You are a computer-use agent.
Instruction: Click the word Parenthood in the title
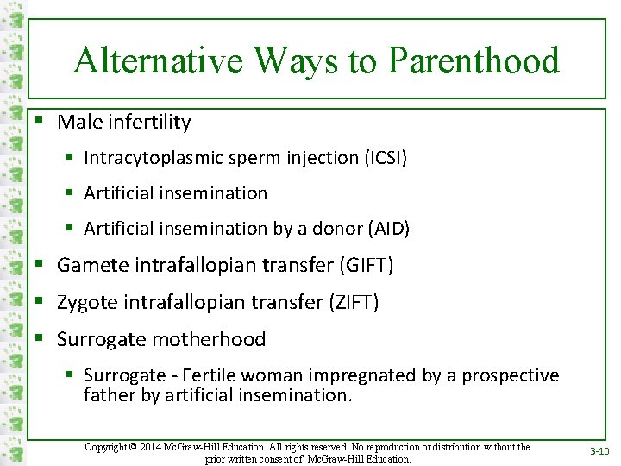(x=474, y=61)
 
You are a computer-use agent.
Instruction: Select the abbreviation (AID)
(x=388, y=229)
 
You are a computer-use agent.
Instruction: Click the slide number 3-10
(x=599, y=451)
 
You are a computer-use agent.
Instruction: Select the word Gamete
(x=93, y=266)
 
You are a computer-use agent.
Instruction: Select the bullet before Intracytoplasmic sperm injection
(x=71, y=159)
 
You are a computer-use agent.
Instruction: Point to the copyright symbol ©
(x=134, y=447)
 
